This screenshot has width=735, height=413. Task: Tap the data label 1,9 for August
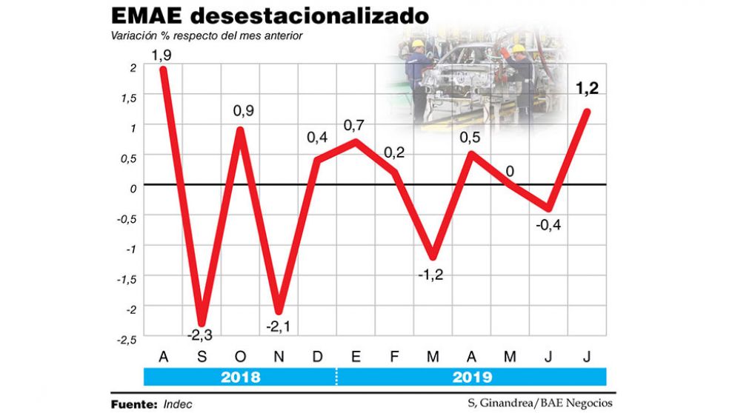tap(160, 56)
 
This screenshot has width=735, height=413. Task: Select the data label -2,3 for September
tap(199, 335)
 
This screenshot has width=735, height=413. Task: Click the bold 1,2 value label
tap(586, 89)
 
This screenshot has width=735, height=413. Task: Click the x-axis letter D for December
tap(317, 357)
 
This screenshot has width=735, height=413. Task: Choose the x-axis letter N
tap(279, 357)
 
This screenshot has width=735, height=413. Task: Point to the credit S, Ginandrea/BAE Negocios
tap(540, 403)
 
